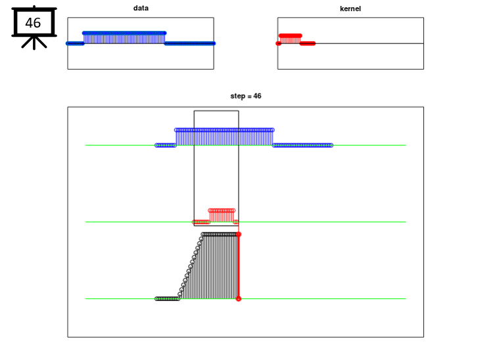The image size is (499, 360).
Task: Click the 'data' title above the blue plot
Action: click(141, 8)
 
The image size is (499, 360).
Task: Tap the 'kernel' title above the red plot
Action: click(350, 9)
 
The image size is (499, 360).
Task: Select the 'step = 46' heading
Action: click(246, 96)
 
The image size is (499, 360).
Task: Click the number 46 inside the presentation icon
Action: click(33, 23)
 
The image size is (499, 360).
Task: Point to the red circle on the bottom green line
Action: click(239, 299)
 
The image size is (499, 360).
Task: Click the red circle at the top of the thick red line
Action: click(239, 235)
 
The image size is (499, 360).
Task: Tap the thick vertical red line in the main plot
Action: click(239, 267)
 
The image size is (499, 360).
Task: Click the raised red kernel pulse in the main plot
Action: click(222, 215)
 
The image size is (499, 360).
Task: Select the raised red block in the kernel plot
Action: click(290, 39)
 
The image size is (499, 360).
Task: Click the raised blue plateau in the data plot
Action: click(124, 38)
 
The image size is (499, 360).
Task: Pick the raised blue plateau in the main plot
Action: click(224, 137)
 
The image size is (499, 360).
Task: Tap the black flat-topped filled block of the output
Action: click(220, 267)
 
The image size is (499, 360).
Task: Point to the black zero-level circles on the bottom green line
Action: click(168, 299)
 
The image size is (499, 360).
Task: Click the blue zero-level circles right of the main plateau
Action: click(302, 145)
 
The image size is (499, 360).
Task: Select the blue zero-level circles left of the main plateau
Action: click(166, 145)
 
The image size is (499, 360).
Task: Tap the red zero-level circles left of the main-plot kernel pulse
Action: click(201, 222)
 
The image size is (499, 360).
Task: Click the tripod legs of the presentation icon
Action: click(34, 43)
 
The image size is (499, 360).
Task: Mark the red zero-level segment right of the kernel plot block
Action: click(308, 43)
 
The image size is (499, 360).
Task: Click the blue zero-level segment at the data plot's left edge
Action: click(75, 43)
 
